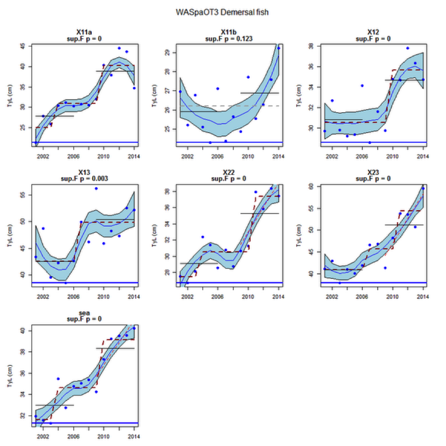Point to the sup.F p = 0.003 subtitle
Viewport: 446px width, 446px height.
coord(84,179)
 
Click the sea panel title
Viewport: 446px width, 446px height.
coord(84,313)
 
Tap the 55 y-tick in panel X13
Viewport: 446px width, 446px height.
coord(22,195)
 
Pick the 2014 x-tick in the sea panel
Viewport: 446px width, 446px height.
coord(134,436)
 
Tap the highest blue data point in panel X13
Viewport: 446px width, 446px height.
coord(96,189)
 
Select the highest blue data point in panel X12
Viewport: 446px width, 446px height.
coord(408,48)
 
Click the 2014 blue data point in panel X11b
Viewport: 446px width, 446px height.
coord(278,48)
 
